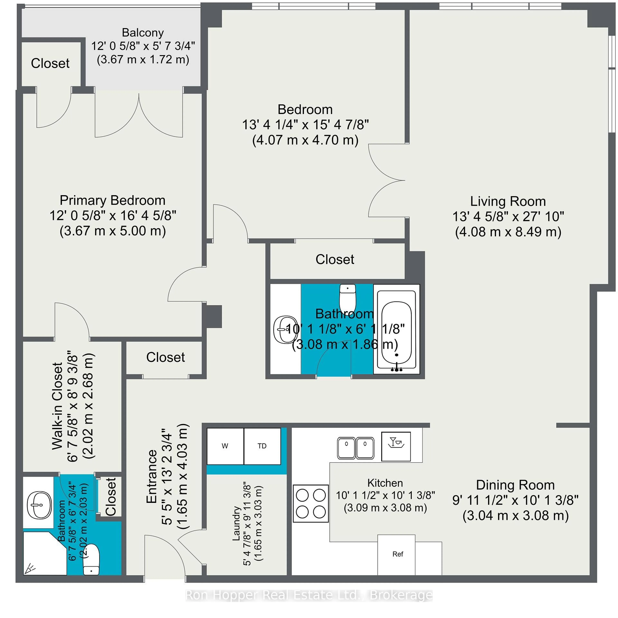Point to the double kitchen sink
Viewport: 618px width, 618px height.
click(356, 448)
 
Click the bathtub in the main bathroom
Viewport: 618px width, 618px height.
click(397, 329)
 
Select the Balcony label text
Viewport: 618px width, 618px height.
click(143, 33)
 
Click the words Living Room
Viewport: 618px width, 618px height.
click(508, 201)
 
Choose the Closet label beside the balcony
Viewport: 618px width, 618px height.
click(50, 63)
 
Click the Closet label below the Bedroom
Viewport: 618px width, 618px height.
click(335, 259)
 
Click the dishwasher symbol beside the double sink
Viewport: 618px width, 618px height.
click(396, 446)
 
